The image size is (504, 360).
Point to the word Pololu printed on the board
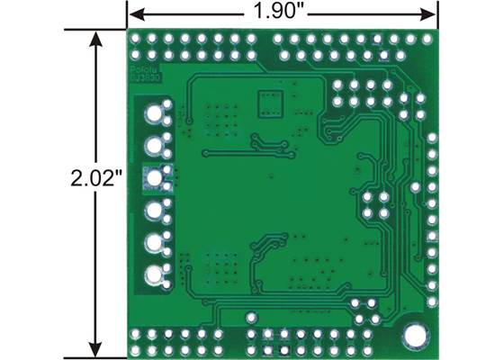139,68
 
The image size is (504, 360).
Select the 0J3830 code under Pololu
141,79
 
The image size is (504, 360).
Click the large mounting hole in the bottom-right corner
415,335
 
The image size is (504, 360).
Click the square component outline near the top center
269,103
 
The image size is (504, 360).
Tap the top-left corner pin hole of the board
138,39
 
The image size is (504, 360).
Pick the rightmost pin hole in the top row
424,40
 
